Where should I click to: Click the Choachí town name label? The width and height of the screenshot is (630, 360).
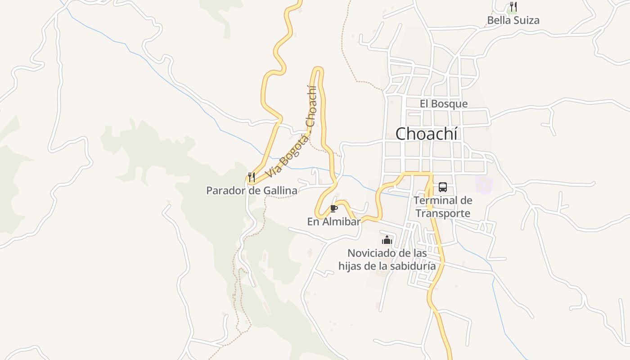point(426,134)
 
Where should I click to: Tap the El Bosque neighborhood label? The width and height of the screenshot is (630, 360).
point(444,104)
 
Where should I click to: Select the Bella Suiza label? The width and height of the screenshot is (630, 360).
point(513,20)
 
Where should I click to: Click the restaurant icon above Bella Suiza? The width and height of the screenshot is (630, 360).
point(513,7)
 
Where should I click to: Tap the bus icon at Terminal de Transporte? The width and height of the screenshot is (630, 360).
point(443,187)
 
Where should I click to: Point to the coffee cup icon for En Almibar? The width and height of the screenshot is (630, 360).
point(333,208)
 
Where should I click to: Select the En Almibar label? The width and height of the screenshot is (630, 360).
point(334,222)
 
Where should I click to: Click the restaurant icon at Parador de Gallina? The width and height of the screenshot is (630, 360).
point(252,177)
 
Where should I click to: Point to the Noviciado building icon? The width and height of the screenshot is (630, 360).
point(387,240)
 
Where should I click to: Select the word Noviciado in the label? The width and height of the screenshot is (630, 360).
point(372,253)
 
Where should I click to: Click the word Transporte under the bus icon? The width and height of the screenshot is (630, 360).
point(443,213)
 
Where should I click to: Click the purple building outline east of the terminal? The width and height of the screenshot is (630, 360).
point(484,184)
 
